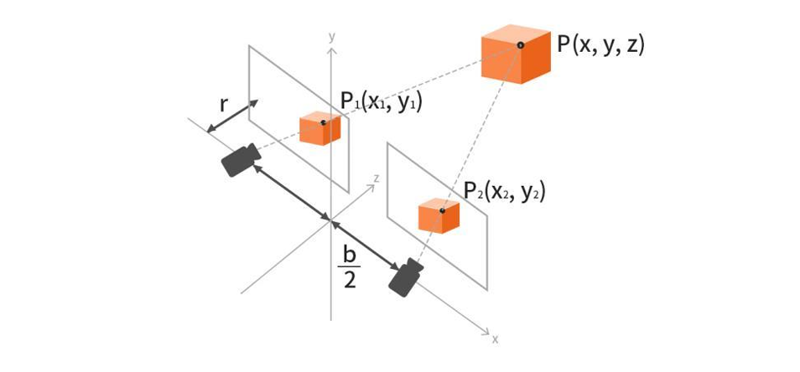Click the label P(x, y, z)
coord(600,45)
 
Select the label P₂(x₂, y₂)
coord(505,192)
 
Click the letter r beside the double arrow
coord(223,105)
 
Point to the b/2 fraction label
coord(349,268)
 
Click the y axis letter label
coord(331,37)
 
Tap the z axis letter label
coord(377,178)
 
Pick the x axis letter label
coord(495,339)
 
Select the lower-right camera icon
coord(406,277)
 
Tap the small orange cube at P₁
coord(319,128)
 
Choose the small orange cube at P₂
coord(439,216)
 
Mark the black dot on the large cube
coord(521,45)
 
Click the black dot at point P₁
coord(323,123)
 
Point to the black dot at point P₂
coord(442,210)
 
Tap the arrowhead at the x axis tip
coord(486,332)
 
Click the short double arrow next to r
coord(232,116)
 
